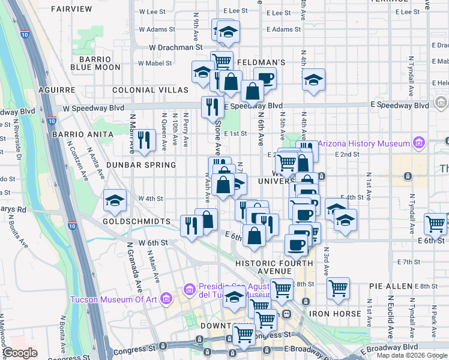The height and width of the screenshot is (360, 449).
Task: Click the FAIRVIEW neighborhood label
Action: click(x=72, y=9)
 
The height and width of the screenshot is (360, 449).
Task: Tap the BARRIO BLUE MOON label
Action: click(x=95, y=63)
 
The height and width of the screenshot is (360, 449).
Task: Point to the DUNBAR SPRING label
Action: click(x=140, y=164)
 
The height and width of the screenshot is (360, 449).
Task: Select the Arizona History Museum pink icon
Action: click(x=418, y=143)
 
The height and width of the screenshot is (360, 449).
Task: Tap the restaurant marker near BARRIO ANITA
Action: click(x=143, y=140)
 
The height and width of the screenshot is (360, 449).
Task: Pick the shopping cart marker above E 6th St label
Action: click(x=435, y=223)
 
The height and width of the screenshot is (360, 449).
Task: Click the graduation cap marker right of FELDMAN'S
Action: click(x=313, y=80)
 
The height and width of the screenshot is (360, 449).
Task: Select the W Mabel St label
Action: click(x=155, y=62)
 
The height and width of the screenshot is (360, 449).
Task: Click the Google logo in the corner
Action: click(x=21, y=353)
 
